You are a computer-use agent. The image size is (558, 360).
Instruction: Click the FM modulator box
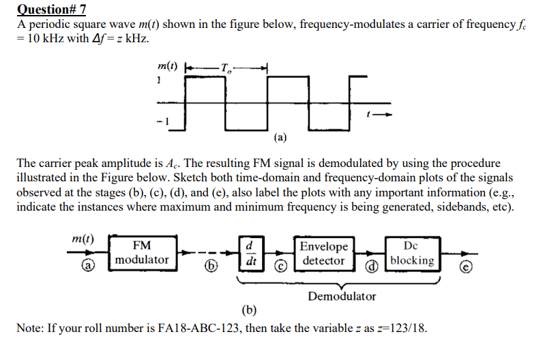pyautogui.click(x=141, y=252)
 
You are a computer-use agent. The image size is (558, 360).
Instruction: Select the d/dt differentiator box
pyautogui.click(x=250, y=252)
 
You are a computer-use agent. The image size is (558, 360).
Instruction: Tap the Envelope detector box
pyautogui.click(x=323, y=253)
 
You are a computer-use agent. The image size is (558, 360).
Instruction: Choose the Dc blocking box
pyautogui.click(x=412, y=252)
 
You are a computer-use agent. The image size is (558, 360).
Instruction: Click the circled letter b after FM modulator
pyautogui.click(x=205, y=267)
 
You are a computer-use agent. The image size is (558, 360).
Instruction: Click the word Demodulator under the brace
pyautogui.click(x=341, y=296)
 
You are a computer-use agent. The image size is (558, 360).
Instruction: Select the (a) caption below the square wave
pyautogui.click(x=280, y=137)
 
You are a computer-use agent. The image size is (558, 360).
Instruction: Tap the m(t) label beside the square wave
pyautogui.click(x=164, y=66)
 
